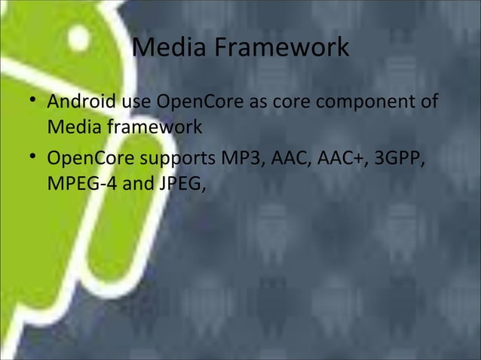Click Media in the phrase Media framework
[x=73, y=127]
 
